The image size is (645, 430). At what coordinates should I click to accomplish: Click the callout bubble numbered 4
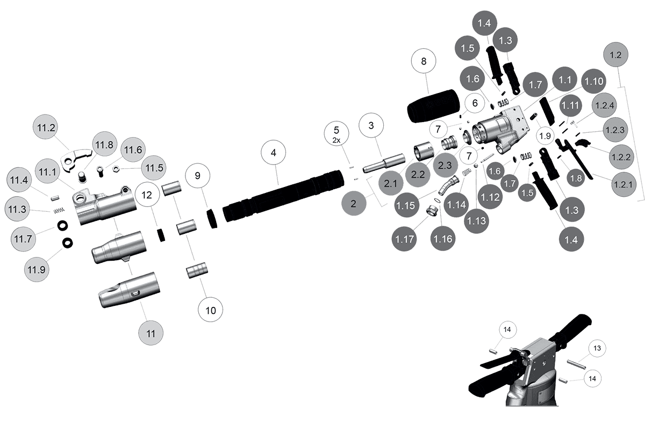tap(274, 153)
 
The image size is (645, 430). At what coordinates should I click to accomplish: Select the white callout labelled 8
tap(424, 62)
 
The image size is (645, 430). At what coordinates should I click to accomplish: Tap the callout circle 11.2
tap(47, 128)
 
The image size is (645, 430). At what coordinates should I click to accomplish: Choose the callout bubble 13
tap(597, 348)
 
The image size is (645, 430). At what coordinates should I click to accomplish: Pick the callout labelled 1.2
tap(617, 55)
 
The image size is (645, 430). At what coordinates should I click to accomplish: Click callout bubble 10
tap(210, 310)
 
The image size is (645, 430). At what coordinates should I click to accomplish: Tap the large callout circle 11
tap(151, 333)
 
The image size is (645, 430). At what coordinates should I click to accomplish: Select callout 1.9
tap(545, 136)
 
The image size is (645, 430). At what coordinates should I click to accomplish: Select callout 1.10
tap(593, 82)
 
